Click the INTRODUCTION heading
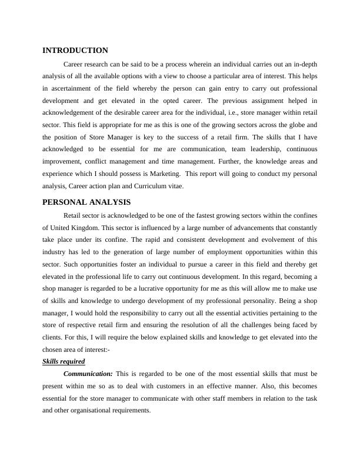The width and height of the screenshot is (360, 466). (75, 51)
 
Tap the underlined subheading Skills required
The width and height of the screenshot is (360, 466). (64, 361)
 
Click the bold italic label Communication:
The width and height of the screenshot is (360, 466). (88, 374)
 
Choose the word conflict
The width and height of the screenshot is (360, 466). (96, 162)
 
